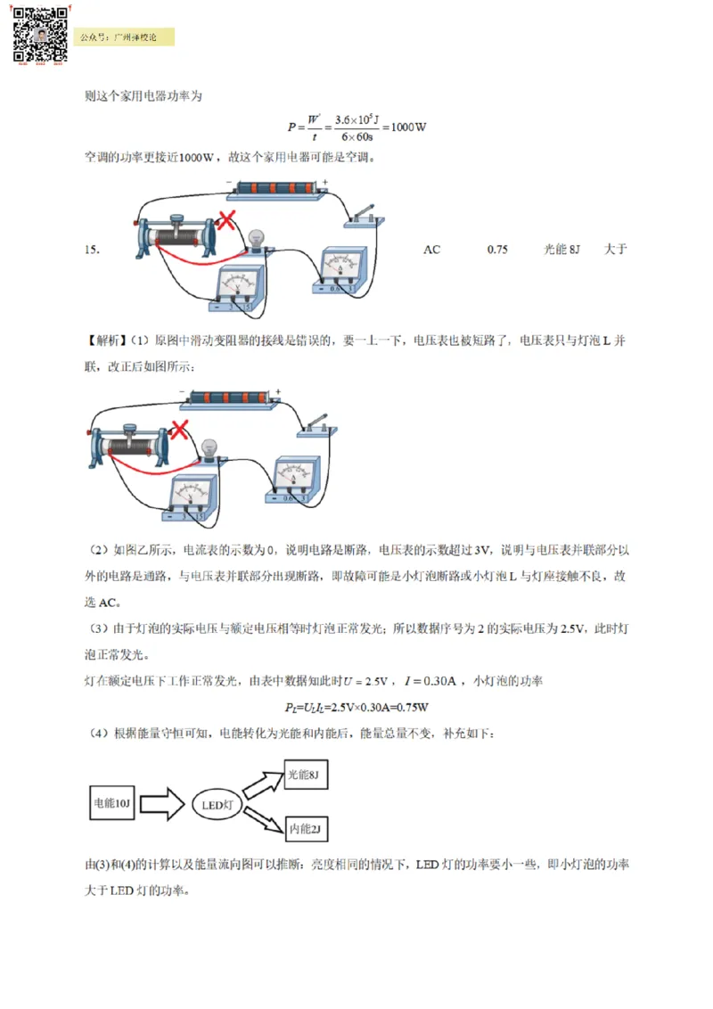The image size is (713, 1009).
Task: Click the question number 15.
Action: (91, 250)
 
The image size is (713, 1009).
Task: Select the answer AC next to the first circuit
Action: (431, 250)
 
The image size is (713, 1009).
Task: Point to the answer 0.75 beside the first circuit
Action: (497, 250)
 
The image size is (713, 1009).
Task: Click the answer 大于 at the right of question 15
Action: (615, 250)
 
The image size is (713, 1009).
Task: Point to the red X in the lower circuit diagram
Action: (180, 431)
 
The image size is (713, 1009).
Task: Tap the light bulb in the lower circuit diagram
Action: (209, 448)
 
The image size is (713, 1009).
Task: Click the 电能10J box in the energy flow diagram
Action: (112, 804)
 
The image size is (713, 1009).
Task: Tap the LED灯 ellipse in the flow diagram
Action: (217, 805)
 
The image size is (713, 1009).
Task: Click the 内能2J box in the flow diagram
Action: (305, 829)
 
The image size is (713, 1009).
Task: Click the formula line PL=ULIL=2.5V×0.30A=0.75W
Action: (356, 708)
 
